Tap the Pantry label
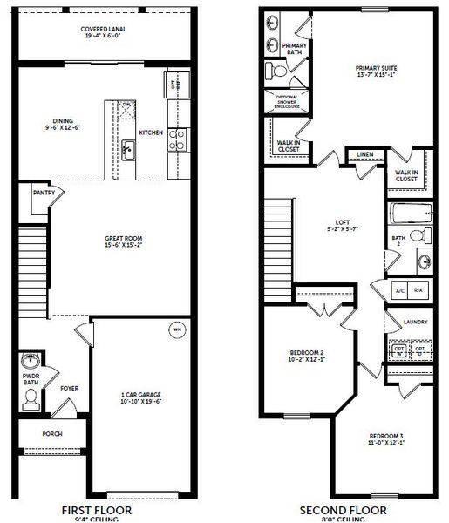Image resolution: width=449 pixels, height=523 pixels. [x=43, y=193]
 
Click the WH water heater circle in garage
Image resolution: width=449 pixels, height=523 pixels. [x=175, y=330]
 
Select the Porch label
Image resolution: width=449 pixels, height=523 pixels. [x=52, y=433]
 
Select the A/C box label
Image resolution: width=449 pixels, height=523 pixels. [x=400, y=289]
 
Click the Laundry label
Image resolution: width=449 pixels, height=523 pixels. [x=415, y=322]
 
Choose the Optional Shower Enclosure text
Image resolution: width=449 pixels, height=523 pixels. [x=287, y=101]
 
